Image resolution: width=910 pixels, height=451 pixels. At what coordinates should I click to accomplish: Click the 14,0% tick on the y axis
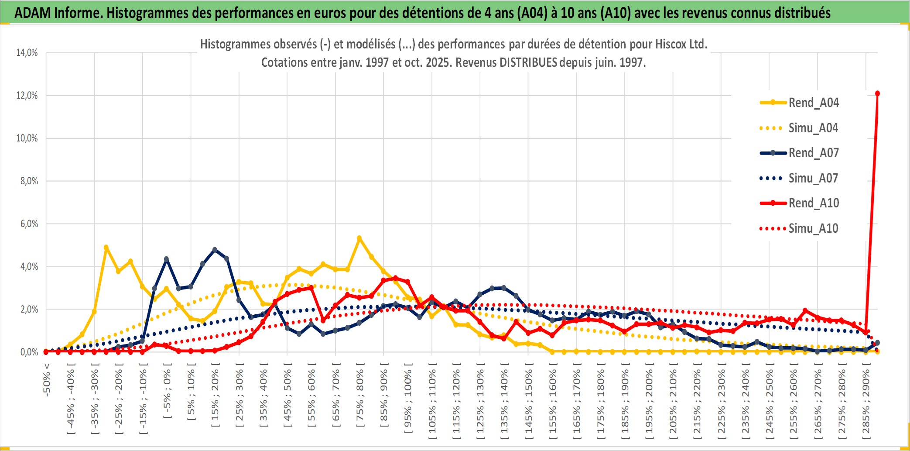tap(27, 53)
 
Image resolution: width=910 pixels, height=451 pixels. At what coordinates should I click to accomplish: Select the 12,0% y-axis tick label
tap(27, 96)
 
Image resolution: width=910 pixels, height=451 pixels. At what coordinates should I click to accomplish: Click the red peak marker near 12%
tap(877, 93)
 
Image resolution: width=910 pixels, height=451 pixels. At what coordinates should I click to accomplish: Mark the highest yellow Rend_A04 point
tap(359, 238)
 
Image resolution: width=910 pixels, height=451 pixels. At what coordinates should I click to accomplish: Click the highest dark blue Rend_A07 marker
tap(215, 250)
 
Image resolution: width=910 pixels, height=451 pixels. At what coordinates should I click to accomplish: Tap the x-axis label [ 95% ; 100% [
tap(408, 402)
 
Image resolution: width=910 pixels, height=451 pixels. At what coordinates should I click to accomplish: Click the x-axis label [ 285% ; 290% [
tap(866, 402)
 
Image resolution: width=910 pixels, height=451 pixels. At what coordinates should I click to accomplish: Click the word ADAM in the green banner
tap(33, 13)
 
